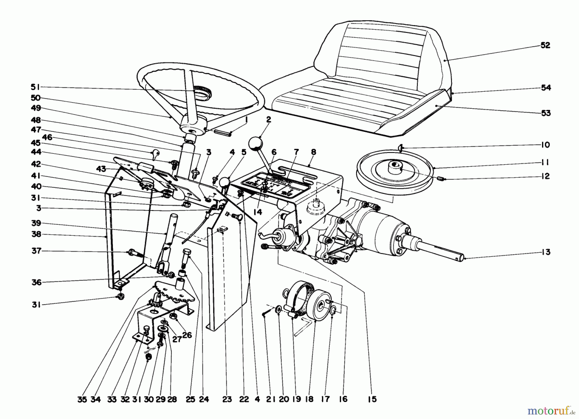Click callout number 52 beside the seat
(545, 45)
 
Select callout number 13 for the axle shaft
(545, 252)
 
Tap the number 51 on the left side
(36, 87)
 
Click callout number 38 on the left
(36, 234)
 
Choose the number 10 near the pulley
(545, 145)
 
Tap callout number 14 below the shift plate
(258, 212)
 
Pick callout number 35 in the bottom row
(82, 399)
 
